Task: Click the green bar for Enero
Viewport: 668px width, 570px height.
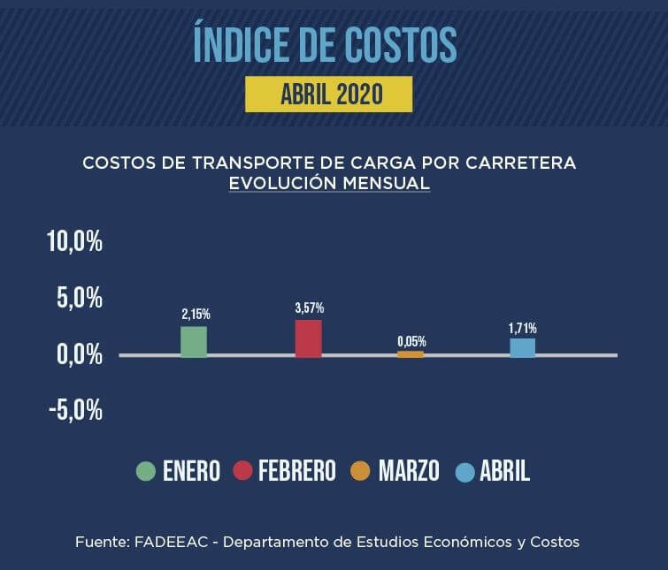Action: click(x=194, y=341)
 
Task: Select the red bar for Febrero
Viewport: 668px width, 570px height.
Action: click(x=308, y=338)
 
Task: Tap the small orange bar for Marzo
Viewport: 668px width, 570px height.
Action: click(x=411, y=353)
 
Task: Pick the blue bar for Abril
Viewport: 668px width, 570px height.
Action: click(x=522, y=347)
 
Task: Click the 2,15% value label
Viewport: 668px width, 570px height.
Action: click(x=196, y=314)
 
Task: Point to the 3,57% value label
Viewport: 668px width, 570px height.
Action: click(x=309, y=308)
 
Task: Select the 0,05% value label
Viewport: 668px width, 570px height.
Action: click(x=411, y=341)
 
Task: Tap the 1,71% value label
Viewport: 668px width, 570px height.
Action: click(x=522, y=328)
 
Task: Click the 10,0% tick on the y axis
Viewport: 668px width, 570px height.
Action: click(x=75, y=241)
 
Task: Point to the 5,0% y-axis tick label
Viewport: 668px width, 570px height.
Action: click(x=81, y=298)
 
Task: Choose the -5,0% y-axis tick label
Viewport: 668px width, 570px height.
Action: click(x=75, y=411)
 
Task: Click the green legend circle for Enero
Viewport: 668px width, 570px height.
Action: click(x=146, y=471)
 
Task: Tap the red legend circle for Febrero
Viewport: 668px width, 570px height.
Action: click(x=242, y=471)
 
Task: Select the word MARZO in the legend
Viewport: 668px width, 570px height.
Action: click(x=409, y=471)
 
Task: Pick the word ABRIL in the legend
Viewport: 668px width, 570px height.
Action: click(x=504, y=471)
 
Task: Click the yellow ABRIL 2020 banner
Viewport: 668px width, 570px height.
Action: click(x=329, y=94)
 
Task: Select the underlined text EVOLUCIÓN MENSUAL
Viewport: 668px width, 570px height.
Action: click(x=329, y=184)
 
